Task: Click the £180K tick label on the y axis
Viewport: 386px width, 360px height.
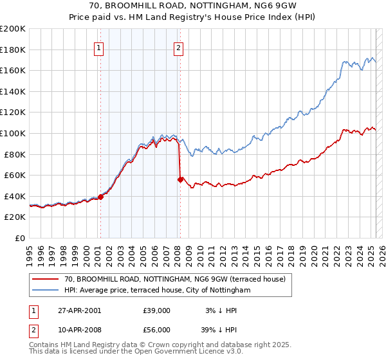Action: (x=13, y=50)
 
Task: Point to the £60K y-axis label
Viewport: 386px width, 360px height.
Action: (x=15, y=175)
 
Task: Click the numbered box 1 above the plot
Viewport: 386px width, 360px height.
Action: (x=99, y=47)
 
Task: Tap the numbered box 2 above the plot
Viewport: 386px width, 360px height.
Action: (x=178, y=47)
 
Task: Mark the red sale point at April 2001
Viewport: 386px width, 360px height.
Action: (x=101, y=197)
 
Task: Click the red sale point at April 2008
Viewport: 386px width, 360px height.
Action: (x=180, y=179)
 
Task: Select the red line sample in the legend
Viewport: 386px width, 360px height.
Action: (x=45, y=279)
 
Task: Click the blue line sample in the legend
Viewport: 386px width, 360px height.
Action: (x=45, y=290)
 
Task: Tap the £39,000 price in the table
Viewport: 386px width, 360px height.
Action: (x=157, y=310)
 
